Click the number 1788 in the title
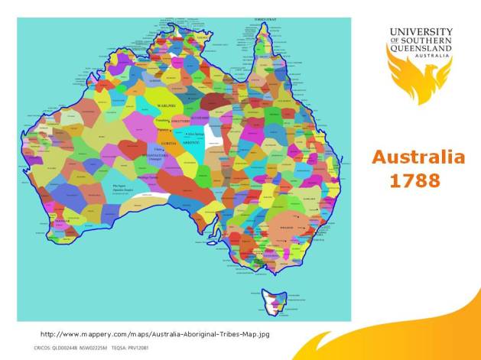point(414,182)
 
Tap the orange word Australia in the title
point(418,157)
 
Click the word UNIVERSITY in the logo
point(421,32)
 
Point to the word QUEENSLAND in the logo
point(421,48)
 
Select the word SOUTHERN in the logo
point(426,40)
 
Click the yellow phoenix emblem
point(418,80)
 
